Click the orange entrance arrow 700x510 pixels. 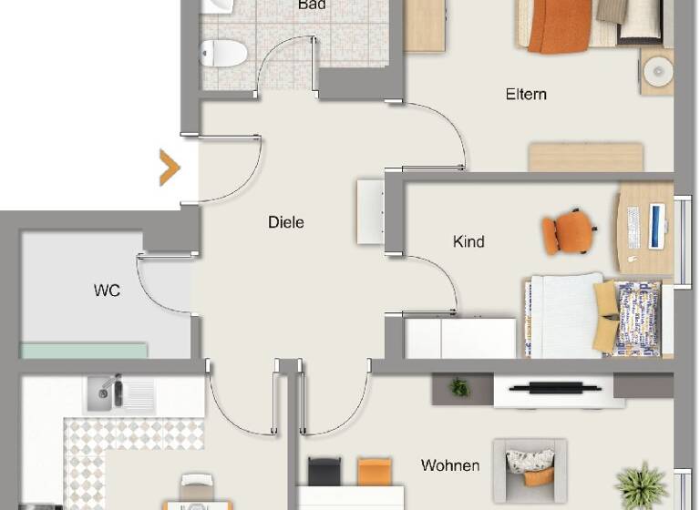point(170,168)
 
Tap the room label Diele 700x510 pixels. point(285,221)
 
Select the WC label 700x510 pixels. point(107,291)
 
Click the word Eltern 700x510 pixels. point(526,94)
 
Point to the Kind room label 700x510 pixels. point(468,241)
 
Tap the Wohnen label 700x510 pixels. point(450,465)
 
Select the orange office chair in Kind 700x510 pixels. point(568,232)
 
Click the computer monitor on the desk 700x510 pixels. point(656,228)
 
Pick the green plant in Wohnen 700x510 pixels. point(641,485)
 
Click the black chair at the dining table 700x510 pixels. point(324,471)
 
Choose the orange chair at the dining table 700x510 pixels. point(374,471)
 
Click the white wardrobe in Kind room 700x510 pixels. point(460,338)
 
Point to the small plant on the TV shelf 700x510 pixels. point(459,388)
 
